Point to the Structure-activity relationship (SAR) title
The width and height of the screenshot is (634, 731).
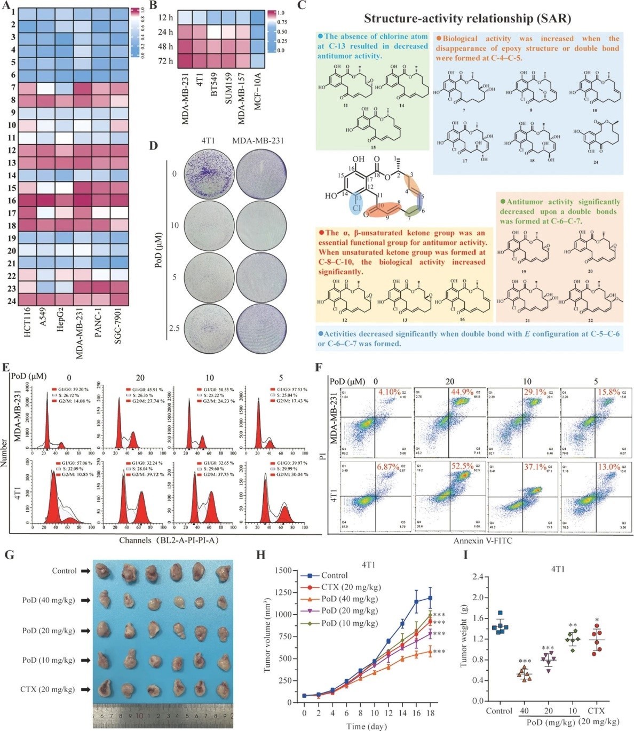click(467, 19)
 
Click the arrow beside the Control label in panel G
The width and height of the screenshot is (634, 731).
click(85, 571)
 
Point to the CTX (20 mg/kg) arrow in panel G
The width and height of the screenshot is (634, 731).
click(85, 689)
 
